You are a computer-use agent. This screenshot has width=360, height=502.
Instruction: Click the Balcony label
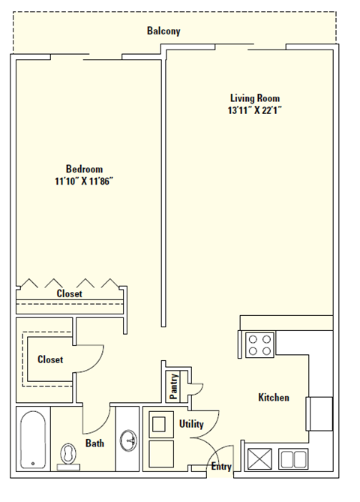click(163, 32)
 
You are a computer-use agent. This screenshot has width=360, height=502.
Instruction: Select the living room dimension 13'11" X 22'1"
click(255, 110)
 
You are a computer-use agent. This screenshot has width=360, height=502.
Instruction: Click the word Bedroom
click(84, 169)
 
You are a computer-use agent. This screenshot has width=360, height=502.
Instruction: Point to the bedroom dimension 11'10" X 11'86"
click(84, 181)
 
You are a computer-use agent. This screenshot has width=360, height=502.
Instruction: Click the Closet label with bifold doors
click(70, 294)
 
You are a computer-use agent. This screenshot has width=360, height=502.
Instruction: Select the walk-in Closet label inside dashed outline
click(50, 359)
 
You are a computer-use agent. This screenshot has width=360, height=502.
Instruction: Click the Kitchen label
click(273, 398)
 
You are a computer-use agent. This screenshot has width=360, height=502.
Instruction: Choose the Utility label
click(191, 424)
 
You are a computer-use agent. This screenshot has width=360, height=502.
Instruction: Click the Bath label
click(94, 443)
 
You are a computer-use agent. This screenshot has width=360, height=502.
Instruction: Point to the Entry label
click(221, 467)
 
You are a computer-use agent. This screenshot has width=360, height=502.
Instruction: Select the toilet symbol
click(68, 455)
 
